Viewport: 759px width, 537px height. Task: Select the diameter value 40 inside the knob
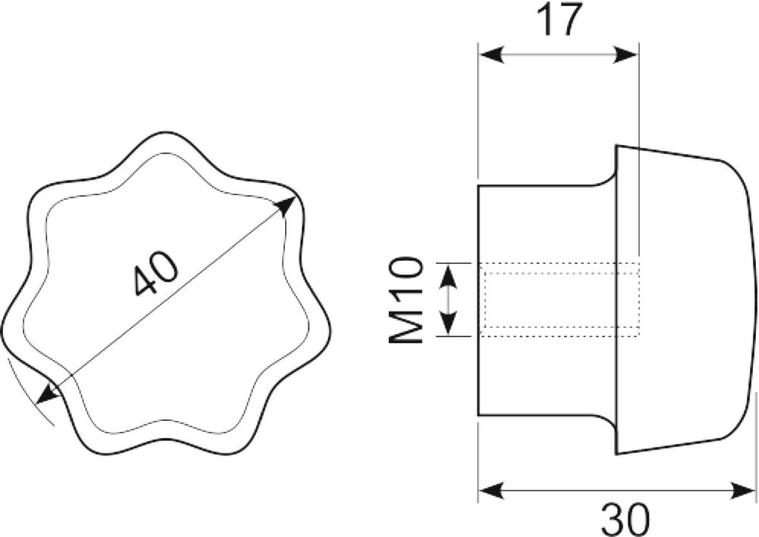click(156, 274)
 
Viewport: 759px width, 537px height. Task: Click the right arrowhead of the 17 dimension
click(626, 54)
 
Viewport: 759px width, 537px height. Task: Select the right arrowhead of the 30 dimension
click(742, 490)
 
